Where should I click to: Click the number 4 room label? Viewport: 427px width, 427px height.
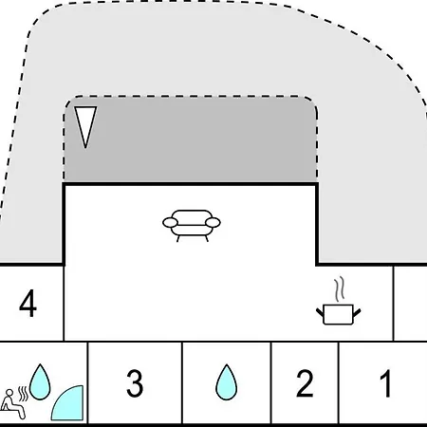click(28, 303)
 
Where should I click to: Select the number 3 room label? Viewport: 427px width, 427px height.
click(135, 383)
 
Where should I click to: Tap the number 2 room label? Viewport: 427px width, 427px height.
click(305, 383)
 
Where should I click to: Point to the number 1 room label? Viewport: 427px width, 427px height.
click(385, 383)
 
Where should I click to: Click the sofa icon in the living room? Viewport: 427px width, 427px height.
click(192, 226)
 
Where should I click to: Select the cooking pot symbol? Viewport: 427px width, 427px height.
click(339, 314)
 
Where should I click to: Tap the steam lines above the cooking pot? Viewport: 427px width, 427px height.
click(340, 289)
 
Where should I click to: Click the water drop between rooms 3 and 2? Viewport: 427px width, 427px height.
click(226, 382)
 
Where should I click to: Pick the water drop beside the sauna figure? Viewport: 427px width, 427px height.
click(40, 381)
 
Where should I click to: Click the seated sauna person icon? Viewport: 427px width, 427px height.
click(12, 404)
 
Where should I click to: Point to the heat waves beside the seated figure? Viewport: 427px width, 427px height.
click(23, 394)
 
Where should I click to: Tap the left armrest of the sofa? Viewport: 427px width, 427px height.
click(170, 223)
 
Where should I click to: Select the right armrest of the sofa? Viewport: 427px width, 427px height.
click(213, 223)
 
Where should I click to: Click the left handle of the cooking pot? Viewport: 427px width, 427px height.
click(320, 312)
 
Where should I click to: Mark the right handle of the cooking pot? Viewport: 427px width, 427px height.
click(357, 312)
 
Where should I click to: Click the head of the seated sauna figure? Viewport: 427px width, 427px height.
click(9, 393)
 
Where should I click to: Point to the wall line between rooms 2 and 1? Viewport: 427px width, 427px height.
click(339, 382)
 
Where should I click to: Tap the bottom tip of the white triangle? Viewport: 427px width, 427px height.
click(85, 148)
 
